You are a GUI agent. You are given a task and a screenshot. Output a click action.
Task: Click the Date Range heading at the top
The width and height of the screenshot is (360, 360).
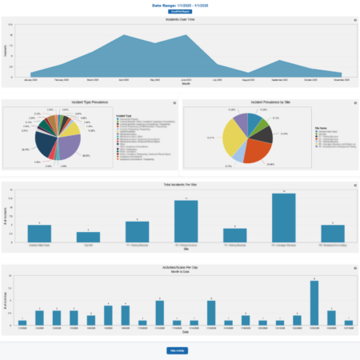pyautogui.click(x=179, y=5)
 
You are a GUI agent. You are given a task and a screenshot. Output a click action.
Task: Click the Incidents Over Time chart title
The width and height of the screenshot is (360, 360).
pyautogui.click(x=179, y=19)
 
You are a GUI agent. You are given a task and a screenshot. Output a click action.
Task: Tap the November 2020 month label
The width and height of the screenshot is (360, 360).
pyautogui.click(x=342, y=81)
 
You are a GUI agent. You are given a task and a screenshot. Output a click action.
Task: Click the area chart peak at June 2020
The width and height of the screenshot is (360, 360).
pyautogui.click(x=185, y=35)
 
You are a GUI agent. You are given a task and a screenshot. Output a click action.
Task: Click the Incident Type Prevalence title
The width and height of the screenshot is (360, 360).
pyautogui.click(x=90, y=103)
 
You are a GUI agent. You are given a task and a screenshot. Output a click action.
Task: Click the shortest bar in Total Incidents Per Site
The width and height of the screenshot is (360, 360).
pyautogui.click(x=94, y=238)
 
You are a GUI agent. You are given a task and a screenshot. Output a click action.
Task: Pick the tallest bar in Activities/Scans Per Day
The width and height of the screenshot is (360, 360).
pyautogui.click(x=314, y=302)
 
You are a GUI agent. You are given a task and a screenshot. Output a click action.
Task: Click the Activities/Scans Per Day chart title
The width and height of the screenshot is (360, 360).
pyautogui.click(x=179, y=269)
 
